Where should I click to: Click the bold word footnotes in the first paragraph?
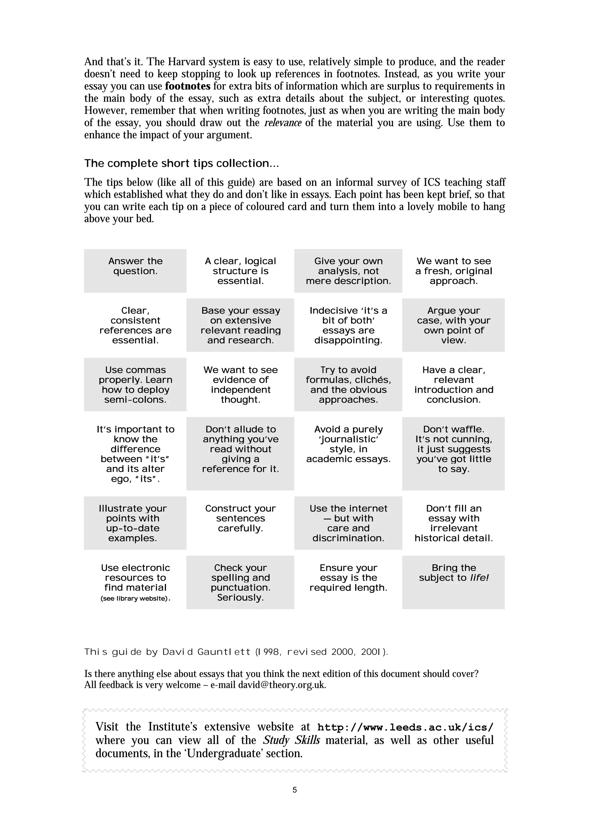click(187, 86)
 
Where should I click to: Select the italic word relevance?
click(283, 123)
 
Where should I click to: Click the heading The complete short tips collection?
click(181, 163)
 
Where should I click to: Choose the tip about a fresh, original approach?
click(453, 271)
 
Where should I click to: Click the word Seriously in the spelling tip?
click(240, 598)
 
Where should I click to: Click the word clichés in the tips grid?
click(374, 380)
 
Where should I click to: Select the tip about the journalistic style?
click(348, 444)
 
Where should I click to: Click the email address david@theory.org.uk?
click(282, 685)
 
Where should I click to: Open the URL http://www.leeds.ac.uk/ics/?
click(405, 728)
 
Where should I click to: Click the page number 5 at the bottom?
click(294, 790)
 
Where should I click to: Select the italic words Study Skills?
click(291, 740)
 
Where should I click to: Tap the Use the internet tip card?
click(348, 523)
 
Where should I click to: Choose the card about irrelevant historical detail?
click(453, 523)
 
